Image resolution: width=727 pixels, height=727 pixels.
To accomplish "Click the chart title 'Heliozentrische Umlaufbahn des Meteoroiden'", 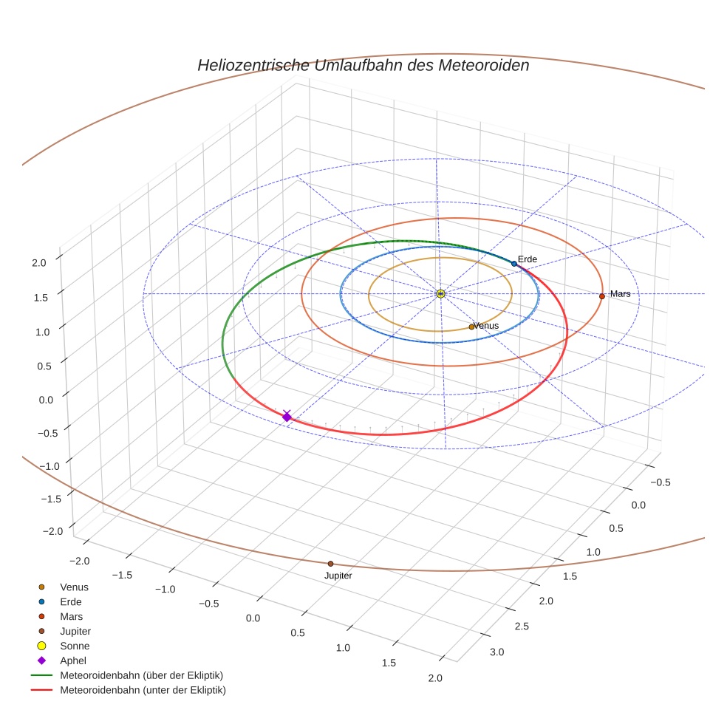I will click(363, 65).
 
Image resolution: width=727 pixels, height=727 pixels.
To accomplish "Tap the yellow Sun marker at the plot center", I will click(440, 294).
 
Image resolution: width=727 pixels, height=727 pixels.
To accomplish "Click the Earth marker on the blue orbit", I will click(514, 263).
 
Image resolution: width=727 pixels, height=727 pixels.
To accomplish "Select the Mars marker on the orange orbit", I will click(602, 296).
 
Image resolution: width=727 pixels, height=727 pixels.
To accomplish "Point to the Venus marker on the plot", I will click(471, 327).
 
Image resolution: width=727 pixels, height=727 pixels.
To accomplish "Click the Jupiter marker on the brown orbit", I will click(330, 564).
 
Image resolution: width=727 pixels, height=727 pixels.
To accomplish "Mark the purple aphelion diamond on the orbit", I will click(287, 417).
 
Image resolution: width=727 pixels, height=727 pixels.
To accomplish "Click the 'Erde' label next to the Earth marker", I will click(527, 259).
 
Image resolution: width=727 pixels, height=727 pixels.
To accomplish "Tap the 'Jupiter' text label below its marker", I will click(338, 576).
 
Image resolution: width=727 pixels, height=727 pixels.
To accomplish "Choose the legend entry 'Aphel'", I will click(73, 661).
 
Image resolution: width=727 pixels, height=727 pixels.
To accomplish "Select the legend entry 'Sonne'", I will click(75, 646).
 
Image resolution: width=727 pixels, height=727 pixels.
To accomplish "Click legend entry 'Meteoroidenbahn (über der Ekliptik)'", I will click(141, 675).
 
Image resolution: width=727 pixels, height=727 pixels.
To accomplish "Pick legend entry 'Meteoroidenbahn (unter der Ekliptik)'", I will click(143, 690).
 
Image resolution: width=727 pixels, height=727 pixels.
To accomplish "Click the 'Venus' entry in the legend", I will click(74, 587).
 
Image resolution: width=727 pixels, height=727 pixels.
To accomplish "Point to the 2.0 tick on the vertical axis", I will click(40, 262).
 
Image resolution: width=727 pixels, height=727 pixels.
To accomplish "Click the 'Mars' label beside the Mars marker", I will click(620, 294).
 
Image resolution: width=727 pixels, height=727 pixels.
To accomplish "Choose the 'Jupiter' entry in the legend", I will click(75, 631).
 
